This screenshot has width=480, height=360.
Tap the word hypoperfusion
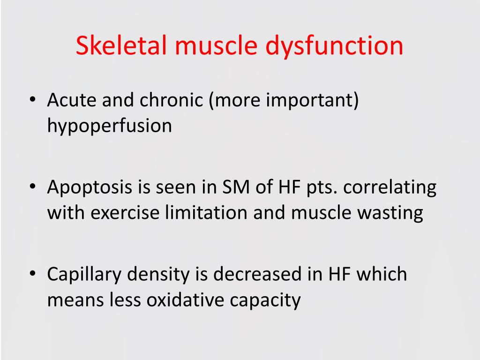pos(109,126)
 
